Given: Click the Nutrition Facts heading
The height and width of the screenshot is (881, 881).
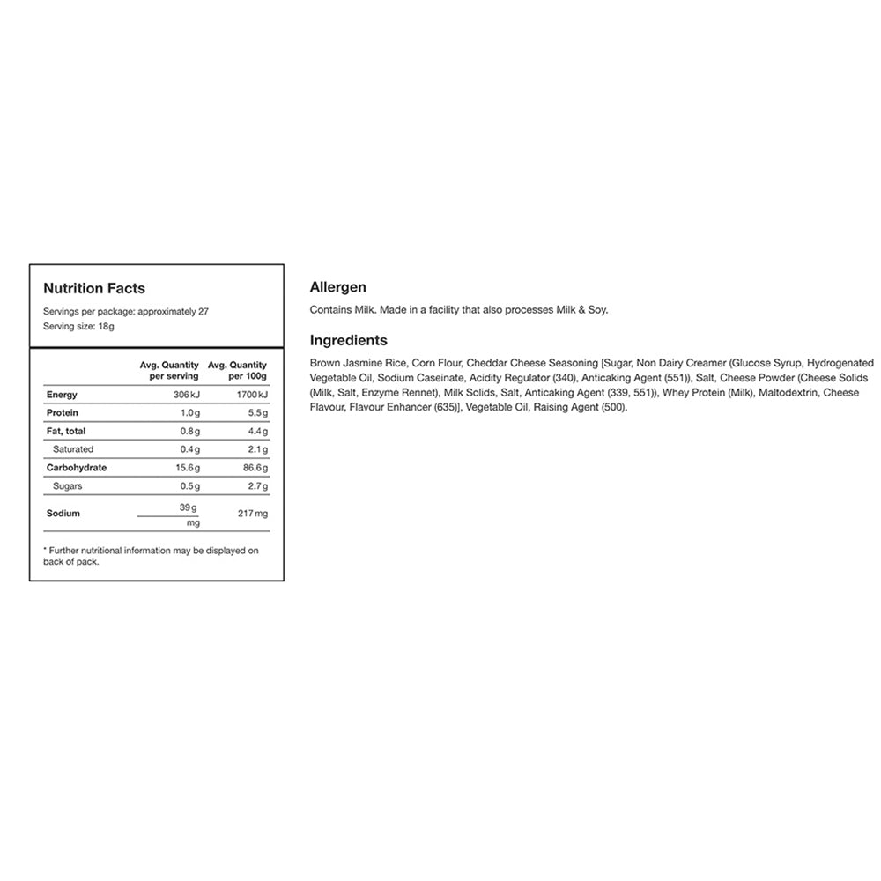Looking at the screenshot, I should coord(94,288).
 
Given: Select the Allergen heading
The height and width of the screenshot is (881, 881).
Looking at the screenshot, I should coord(338,287).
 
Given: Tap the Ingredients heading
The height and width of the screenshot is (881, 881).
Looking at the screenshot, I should coord(349,340).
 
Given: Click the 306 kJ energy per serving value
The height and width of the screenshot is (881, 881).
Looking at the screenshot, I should coord(187,395).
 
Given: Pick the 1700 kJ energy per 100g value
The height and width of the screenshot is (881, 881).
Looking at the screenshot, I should coord(253,395).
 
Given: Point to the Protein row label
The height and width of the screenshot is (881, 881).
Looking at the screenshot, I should coord(63,412).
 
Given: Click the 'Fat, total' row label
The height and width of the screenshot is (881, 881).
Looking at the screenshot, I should coord(68,431).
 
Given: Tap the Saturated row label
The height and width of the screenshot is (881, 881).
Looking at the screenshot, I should coord(73,449).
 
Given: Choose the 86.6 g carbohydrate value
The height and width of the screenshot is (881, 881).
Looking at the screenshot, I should coord(255,468).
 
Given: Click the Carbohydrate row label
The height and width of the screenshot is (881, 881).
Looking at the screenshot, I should coord(77,468).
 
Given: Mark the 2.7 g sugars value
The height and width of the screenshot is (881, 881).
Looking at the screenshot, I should coord(257,485).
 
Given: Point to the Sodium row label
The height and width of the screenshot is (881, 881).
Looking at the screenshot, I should coord(63,513).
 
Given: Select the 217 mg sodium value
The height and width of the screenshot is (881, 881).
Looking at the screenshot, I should coord(253,513).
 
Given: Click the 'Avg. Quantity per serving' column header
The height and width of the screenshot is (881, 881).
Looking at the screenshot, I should coord(169,370).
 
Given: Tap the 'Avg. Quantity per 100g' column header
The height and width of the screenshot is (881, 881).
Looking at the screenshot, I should coord(237,370).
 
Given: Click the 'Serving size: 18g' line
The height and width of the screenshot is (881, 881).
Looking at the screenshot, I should coord(79,326).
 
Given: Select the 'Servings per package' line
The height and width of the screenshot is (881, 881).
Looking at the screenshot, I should coord(126,311).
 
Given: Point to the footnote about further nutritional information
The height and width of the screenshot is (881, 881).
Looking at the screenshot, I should coord(151,556).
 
